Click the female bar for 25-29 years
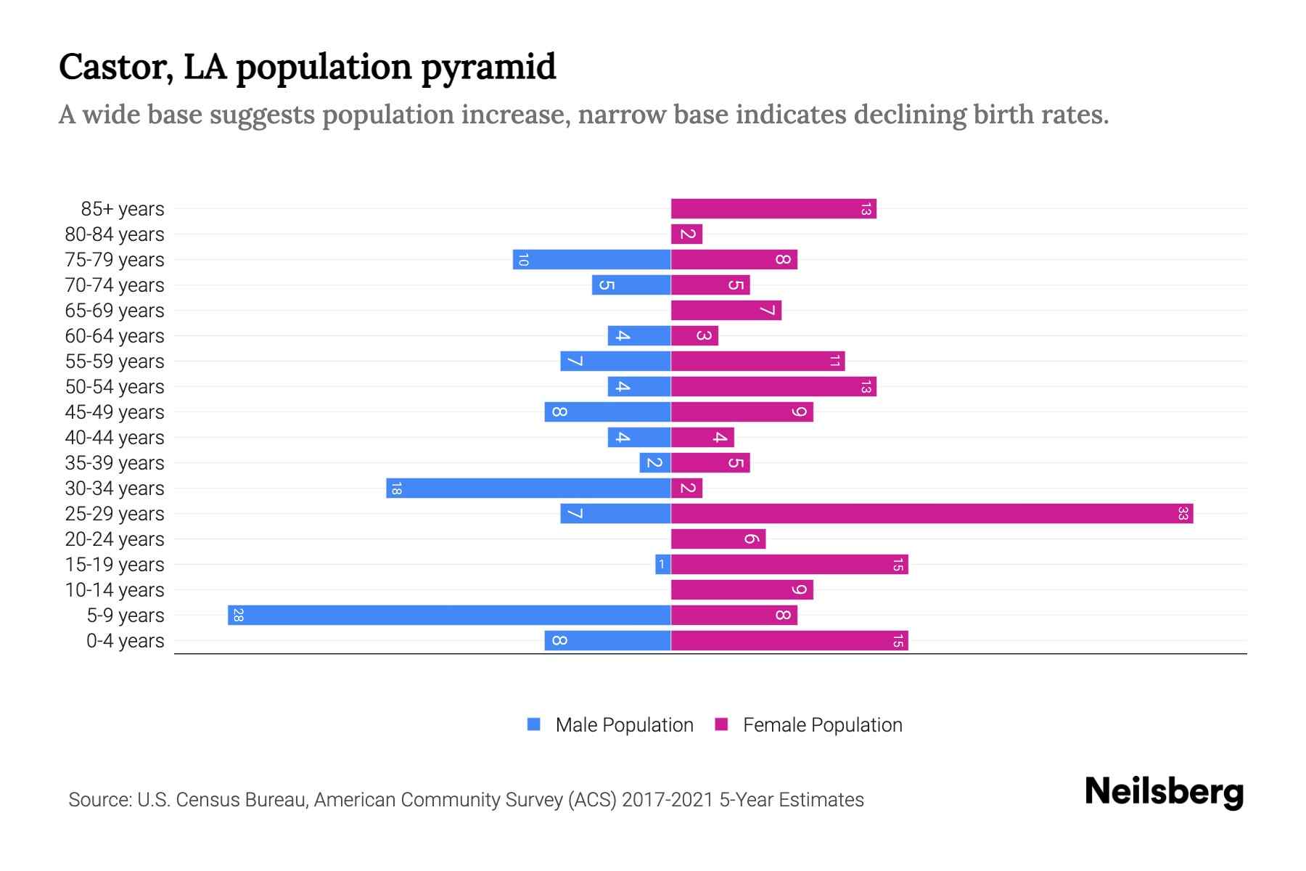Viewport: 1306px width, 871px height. click(x=932, y=514)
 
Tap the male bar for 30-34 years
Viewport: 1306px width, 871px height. click(x=528, y=488)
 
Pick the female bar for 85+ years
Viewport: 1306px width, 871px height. click(x=773, y=209)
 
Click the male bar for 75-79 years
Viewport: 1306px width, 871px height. click(x=591, y=260)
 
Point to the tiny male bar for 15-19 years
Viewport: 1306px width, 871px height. click(x=662, y=565)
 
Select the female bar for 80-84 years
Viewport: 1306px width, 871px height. click(x=686, y=234)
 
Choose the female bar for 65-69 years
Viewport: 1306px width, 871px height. click(x=726, y=311)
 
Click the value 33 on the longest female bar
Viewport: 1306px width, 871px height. click(x=1183, y=514)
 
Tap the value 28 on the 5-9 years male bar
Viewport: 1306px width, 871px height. click(x=238, y=616)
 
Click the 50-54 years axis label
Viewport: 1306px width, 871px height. click(x=115, y=387)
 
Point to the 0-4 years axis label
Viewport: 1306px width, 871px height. click(x=125, y=641)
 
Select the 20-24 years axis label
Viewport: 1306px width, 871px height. click(x=115, y=539)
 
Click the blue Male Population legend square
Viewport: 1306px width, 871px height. click(x=534, y=724)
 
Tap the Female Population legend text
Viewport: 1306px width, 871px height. click(x=822, y=725)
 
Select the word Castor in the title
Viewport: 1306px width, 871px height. click(x=115, y=68)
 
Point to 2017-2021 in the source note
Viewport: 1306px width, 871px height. click(x=667, y=800)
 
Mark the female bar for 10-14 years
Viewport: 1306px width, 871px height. click(x=742, y=590)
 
